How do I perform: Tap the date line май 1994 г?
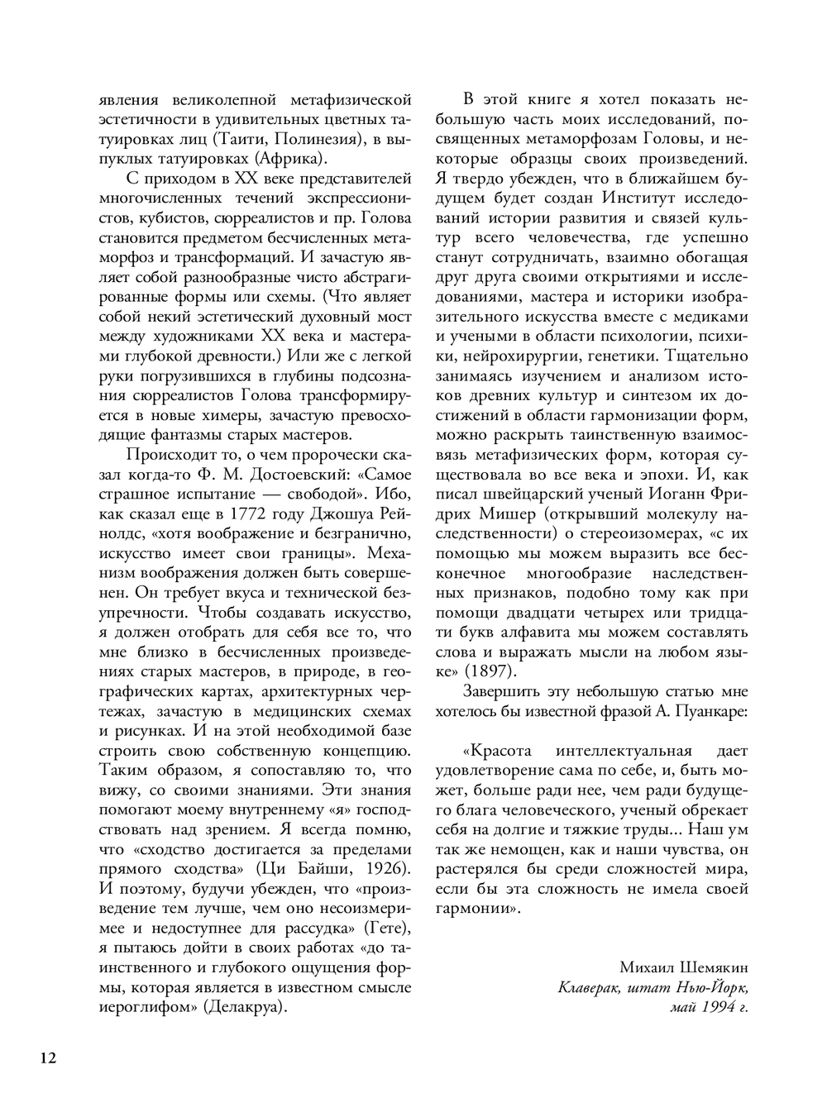709,1007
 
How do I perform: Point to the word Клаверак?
590,987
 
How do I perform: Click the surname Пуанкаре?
717,710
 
